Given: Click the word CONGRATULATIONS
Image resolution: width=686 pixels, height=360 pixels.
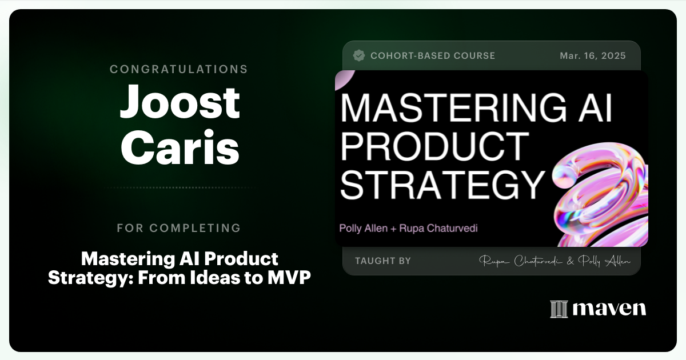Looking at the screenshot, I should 179,69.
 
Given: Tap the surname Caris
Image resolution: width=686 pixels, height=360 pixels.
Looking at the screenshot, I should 180,147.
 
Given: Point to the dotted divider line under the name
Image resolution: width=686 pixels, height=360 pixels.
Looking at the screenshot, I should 180,187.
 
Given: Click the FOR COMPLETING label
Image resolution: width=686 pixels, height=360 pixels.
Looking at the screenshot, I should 179,228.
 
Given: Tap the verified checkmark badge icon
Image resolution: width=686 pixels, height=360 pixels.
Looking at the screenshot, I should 359,55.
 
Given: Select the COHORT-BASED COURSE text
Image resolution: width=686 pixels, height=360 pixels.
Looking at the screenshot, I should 433,56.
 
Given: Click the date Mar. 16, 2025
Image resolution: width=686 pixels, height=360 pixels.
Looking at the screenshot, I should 593,56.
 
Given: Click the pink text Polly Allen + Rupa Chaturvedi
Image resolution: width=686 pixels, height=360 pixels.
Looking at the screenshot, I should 408,228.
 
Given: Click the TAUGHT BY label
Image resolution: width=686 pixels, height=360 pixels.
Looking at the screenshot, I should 382,261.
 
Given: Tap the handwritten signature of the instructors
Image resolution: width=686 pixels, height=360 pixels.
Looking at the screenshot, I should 555,261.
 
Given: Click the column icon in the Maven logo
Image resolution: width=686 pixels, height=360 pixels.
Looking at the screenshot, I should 558,309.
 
